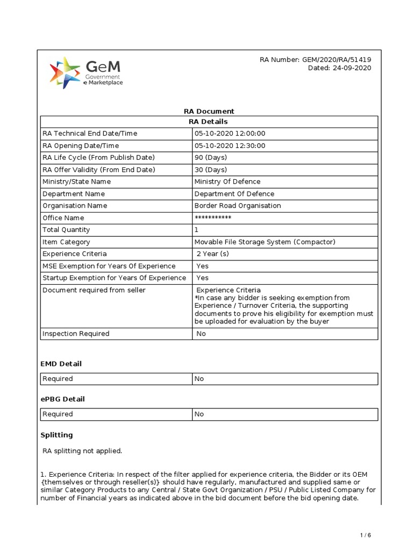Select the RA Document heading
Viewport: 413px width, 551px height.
pos(209,111)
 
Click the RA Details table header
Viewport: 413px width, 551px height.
pos(209,122)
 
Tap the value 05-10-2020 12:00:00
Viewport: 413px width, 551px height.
pos(230,134)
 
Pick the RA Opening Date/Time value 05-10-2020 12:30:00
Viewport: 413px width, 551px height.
pos(230,146)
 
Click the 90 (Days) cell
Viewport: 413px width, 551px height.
pos(211,158)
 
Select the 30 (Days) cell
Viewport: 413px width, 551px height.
pos(211,169)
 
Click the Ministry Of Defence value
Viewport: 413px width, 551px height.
pos(227,182)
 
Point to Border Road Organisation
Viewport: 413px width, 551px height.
pos(237,206)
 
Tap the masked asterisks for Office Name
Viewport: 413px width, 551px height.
pos(213,218)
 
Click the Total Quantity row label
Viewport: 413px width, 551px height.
pos(66,230)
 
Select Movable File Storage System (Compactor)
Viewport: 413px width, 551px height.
pos(265,242)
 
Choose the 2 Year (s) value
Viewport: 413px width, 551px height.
pos(213,254)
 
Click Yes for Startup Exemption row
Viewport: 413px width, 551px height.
pos(202,278)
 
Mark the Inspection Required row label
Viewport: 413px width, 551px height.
pos(76,334)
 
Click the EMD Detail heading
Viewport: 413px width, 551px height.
pos(61,364)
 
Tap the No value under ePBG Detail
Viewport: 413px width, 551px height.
pos(199,414)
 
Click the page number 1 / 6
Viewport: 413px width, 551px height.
pos(365,535)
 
